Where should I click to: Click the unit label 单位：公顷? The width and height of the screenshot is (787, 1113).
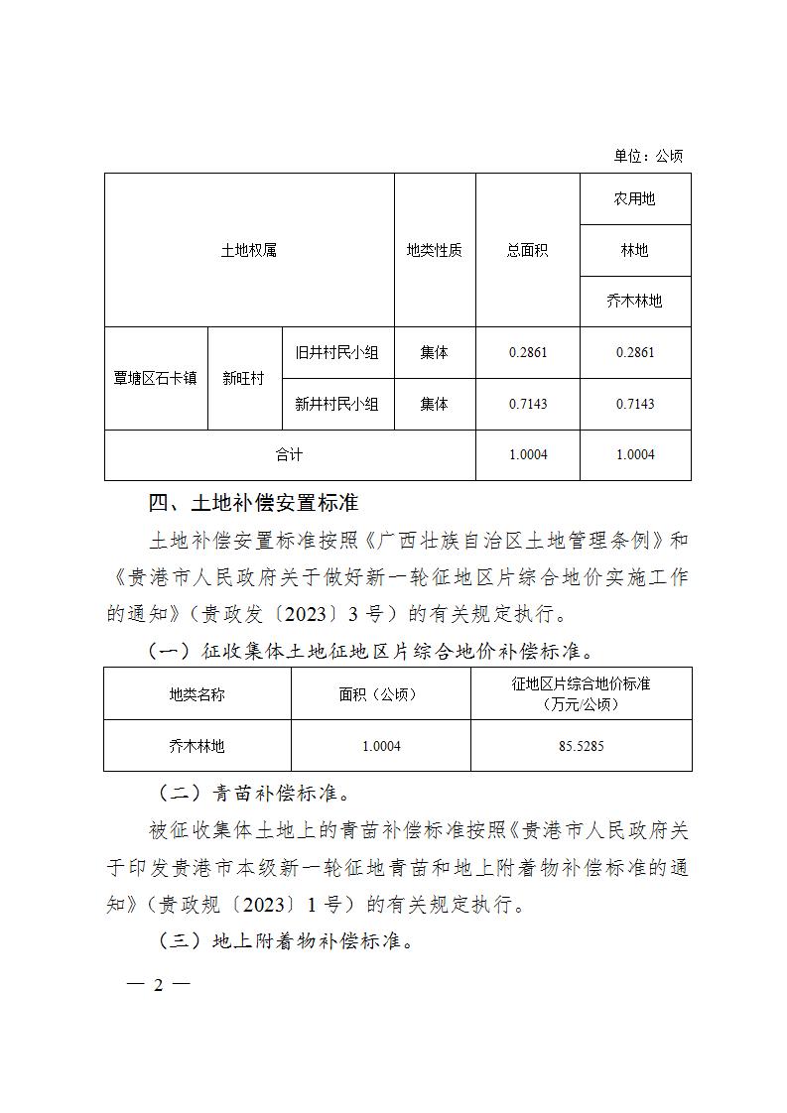point(648,156)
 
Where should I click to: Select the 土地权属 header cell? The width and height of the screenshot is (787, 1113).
point(248,250)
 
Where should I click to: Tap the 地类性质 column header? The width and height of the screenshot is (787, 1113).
point(434,250)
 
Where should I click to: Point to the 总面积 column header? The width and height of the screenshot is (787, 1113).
point(527,250)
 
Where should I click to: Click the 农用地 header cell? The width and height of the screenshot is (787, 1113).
point(634,198)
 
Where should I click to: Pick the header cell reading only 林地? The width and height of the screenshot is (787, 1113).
point(634,250)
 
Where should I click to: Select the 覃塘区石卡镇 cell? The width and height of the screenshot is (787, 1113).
point(156,378)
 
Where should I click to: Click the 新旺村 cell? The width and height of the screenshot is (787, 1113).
point(243,378)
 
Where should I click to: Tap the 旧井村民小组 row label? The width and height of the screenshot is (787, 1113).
point(337,352)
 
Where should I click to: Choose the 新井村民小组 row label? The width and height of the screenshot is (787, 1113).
point(337,404)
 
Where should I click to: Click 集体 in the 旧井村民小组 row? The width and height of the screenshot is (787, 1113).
point(434,352)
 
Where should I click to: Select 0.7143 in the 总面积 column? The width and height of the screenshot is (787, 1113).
point(527,404)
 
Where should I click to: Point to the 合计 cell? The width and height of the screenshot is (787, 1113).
point(289,454)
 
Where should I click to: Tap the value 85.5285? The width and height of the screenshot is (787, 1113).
point(581,745)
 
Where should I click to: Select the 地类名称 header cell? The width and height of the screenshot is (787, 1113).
point(197,693)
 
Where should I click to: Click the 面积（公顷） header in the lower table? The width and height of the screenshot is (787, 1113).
point(380,693)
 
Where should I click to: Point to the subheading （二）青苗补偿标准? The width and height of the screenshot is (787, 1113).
point(253,795)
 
